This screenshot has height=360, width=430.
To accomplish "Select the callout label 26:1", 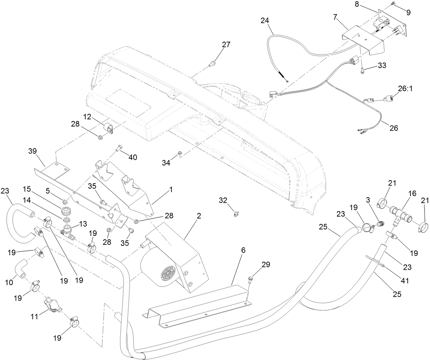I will (405, 88).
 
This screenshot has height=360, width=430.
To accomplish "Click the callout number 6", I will (243, 250).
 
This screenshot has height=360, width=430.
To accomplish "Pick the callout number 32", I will (223, 200).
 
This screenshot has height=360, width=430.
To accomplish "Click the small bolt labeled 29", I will (250, 280).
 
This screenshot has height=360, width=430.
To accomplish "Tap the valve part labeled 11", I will (51, 304).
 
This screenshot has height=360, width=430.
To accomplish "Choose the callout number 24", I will (265, 20).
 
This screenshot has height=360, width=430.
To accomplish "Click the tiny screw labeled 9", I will (392, 4).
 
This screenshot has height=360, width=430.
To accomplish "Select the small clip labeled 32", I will (235, 214).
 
